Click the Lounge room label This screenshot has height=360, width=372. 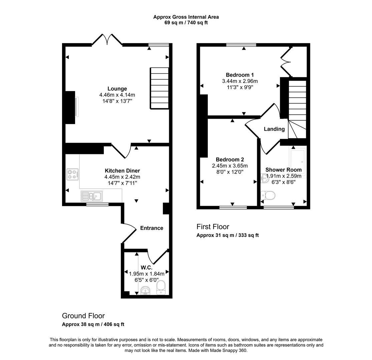click(x=117, y=89)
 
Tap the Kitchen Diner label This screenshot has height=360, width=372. click(x=122, y=171)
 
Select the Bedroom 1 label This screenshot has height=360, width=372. click(x=240, y=75)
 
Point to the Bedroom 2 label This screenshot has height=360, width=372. click(x=230, y=160)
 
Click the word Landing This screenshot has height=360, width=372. click(x=274, y=129)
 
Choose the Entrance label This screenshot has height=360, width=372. click(x=151, y=228)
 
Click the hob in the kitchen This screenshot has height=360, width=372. click(x=73, y=174)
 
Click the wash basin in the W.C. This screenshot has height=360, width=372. click(x=146, y=291)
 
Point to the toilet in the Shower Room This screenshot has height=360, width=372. click(x=268, y=195)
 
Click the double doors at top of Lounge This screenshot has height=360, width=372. click(x=107, y=40)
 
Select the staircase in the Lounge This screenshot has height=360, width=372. click(x=159, y=88)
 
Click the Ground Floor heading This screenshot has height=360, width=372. click(x=83, y=316)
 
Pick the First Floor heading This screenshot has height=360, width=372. click(x=213, y=227)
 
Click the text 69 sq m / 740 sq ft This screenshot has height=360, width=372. click(x=186, y=23)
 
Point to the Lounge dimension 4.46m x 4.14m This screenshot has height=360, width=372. click(x=117, y=95)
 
